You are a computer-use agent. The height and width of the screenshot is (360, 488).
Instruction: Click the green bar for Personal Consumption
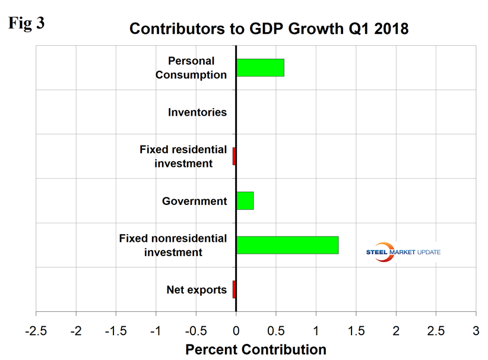(260, 68)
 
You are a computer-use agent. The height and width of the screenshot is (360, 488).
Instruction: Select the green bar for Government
(245, 201)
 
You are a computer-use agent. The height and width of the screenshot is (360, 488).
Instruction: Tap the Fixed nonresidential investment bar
(287, 245)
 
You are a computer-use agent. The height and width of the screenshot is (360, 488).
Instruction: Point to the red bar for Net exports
(234, 289)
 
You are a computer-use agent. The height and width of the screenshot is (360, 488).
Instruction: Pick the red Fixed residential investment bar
(234, 156)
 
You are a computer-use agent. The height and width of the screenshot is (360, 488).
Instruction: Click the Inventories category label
(197, 112)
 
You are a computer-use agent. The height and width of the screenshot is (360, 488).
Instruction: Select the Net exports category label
(197, 290)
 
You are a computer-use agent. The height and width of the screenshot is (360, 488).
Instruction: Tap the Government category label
(195, 201)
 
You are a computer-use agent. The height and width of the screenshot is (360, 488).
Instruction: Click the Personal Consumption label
(197, 68)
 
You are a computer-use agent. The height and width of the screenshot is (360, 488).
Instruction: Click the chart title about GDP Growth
(269, 29)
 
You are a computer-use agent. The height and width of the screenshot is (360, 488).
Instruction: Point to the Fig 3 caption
(26, 24)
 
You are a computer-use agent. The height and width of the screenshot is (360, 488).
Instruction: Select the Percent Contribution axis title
(256, 349)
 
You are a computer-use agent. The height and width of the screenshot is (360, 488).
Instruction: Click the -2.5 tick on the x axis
(36, 330)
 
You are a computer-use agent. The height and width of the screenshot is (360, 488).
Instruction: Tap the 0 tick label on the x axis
(236, 330)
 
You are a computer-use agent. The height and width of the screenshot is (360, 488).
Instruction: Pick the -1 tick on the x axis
(156, 330)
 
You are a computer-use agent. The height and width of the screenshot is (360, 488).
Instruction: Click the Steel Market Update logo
(404, 252)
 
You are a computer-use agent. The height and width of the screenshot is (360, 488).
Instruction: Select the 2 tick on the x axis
(396, 330)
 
